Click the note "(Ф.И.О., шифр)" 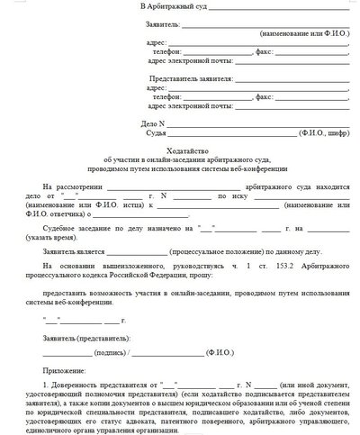point(324,131)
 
